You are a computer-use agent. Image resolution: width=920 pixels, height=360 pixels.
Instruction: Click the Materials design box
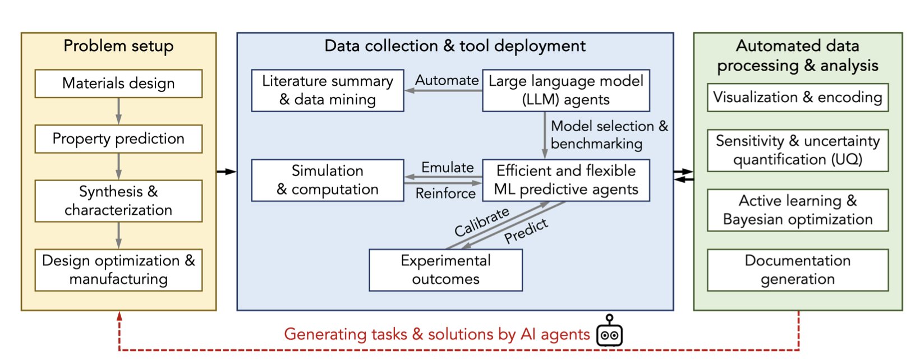click(x=119, y=84)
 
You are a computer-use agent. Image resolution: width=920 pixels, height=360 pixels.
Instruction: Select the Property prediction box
click(x=119, y=139)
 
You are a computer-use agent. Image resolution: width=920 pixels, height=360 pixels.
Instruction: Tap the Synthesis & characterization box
click(x=119, y=201)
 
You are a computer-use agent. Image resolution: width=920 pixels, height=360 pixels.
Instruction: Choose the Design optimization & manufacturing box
click(x=119, y=270)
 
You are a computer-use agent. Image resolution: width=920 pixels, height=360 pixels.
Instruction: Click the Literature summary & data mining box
click(x=328, y=90)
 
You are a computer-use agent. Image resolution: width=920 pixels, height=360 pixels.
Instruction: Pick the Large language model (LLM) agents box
click(x=566, y=90)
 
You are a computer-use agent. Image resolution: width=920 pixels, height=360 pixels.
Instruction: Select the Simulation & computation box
click(x=328, y=180)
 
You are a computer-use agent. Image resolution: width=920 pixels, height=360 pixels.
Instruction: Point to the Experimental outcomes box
click(x=445, y=270)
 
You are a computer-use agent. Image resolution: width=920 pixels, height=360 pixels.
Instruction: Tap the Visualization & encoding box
click(x=798, y=97)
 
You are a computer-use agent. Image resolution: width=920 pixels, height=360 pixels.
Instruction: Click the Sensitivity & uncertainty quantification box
click(x=798, y=150)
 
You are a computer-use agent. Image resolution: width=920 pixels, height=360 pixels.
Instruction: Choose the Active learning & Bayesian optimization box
click(x=798, y=210)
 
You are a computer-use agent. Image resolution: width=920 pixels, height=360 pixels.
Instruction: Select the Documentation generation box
click(x=798, y=270)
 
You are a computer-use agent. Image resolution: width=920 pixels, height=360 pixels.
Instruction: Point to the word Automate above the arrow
click(x=447, y=80)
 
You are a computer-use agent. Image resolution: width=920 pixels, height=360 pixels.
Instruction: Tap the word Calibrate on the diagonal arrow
click(x=482, y=221)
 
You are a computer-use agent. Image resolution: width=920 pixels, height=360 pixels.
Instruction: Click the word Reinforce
click(x=445, y=193)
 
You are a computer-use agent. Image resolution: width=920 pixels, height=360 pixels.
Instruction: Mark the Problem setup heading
click(x=119, y=46)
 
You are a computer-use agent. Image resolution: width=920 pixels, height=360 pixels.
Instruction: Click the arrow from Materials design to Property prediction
click(x=119, y=111)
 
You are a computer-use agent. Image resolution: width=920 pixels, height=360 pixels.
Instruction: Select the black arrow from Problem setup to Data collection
click(x=226, y=172)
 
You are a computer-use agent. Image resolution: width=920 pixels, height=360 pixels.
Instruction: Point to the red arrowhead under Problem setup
click(x=119, y=315)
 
